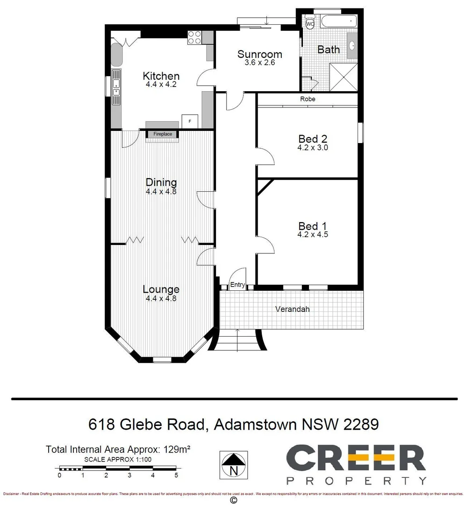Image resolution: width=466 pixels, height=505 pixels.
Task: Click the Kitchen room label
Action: tap(161, 76)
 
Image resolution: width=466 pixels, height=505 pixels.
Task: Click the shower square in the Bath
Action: tap(344, 77)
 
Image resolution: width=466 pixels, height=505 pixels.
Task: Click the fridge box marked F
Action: tap(190, 121)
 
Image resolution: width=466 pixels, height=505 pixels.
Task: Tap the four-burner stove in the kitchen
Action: tap(194, 37)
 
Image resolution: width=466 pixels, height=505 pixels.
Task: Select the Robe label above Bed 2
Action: tap(308, 99)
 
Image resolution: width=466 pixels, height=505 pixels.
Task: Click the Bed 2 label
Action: tap(312, 139)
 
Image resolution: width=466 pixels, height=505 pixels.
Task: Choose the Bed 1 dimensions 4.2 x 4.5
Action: tap(312, 235)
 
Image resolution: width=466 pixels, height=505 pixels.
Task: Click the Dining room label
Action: tap(161, 182)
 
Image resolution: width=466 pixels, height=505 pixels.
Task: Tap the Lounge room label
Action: tap(161, 289)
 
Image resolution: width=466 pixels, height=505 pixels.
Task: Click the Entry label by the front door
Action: tap(237, 285)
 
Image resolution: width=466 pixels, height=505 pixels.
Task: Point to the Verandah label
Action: tap(292, 309)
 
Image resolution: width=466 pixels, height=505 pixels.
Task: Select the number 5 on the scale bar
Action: tap(176, 476)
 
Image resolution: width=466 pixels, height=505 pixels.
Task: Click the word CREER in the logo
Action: tap(355, 458)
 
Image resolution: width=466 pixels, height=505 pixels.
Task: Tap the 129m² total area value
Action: tap(176, 450)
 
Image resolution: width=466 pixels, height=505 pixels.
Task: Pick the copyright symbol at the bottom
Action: tap(234, 500)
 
